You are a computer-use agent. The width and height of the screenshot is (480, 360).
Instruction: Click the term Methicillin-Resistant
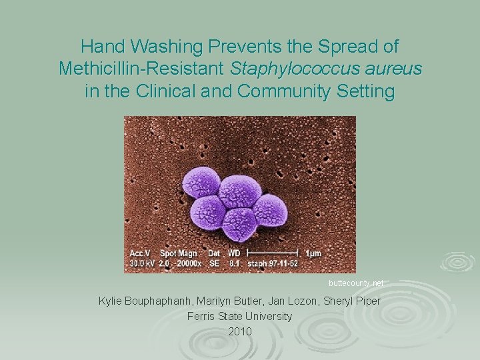point(142,69)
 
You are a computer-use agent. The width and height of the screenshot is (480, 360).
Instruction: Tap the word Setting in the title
point(363,91)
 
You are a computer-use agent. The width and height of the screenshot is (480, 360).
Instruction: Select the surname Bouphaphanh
point(164,301)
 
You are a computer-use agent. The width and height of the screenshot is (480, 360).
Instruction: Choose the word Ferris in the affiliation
point(203,316)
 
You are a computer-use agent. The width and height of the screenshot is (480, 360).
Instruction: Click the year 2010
point(240,331)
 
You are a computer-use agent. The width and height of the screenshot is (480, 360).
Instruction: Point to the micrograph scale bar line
point(272,253)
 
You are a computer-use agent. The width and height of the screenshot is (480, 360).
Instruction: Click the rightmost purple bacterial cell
point(269,211)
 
